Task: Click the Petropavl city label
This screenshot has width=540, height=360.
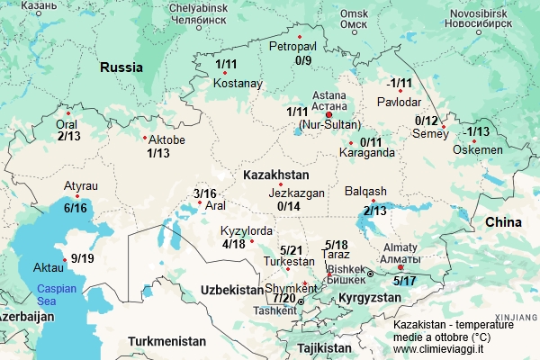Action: (293, 46)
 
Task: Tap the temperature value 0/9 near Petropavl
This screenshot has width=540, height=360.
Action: (302, 60)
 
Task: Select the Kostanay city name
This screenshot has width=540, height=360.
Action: (238, 84)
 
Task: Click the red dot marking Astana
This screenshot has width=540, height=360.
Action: (328, 114)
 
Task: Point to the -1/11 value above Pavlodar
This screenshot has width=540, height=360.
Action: (400, 84)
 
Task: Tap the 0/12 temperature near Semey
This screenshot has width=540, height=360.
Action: (427, 121)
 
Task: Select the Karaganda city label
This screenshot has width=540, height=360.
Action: (366, 153)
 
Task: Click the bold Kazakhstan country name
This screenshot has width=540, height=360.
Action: (276, 174)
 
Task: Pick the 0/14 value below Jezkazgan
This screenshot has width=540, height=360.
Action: (289, 206)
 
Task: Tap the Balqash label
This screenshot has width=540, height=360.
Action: (365, 192)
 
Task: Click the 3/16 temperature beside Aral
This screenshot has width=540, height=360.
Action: (205, 193)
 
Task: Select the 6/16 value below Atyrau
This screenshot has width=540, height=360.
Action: (75, 208)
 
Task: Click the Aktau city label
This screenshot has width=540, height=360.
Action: (48, 268)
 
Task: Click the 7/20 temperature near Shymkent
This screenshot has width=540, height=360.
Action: (283, 298)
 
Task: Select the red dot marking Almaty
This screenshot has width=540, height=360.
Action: (400, 266)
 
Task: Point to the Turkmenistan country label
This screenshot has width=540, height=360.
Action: (166, 341)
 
